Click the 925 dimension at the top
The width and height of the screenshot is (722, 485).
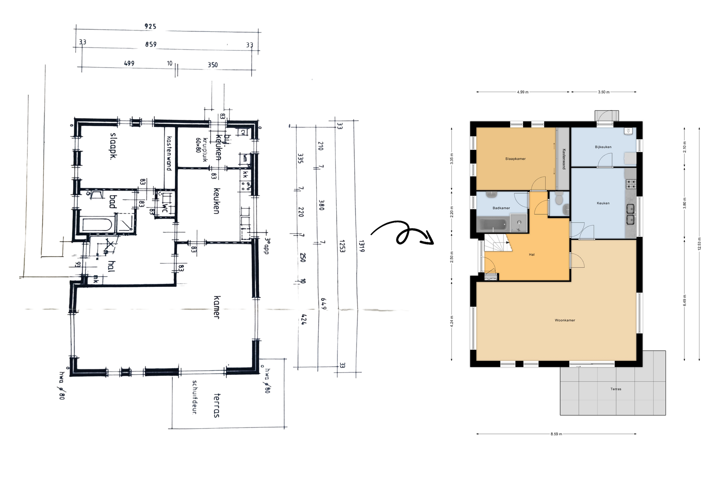(150, 26)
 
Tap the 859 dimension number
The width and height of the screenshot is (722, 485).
(151, 44)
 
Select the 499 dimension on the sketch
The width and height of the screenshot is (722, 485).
(129, 63)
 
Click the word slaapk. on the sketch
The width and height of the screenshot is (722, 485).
(112, 146)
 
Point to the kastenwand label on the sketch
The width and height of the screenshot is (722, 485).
(169, 153)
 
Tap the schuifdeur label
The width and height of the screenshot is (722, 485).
(195, 397)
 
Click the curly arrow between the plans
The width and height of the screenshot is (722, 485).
(402, 234)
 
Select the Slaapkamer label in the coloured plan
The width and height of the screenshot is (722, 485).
(515, 159)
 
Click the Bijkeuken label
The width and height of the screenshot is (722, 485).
(603, 147)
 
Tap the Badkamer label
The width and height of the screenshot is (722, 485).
(501, 208)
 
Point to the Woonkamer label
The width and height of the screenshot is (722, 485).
(565, 320)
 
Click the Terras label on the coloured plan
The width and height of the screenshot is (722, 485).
(616, 389)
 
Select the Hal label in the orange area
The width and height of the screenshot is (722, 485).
(531, 255)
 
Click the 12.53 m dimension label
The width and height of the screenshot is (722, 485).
(699, 244)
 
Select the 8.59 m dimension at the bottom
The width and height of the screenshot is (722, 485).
(556, 434)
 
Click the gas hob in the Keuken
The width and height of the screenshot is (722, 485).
(631, 184)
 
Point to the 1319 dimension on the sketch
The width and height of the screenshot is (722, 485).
(361, 246)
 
